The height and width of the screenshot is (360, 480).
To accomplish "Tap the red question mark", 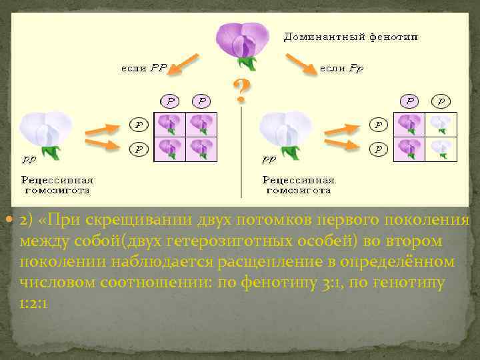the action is coord(241,91).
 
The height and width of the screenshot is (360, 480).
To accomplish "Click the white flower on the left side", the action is coord(47,131).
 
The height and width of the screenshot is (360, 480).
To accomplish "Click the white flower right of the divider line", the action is coord(287,131).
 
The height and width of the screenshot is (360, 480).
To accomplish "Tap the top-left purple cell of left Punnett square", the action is coord(170,124).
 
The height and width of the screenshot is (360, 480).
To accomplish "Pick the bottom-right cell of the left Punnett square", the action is coord(200,148).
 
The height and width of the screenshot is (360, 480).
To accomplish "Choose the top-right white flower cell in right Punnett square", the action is coord(440,124).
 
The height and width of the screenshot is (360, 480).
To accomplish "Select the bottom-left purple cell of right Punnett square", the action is coord(410,148).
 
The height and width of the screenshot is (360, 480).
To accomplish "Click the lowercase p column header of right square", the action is coord(440,101).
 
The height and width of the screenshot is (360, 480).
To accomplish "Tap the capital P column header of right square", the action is coord(411,101).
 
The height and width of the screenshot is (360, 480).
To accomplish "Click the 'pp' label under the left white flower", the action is coord(30,160).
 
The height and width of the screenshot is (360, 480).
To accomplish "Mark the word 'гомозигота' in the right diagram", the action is coord(298,190).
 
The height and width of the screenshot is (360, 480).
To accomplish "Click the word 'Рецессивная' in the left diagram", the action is coord(57,180).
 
